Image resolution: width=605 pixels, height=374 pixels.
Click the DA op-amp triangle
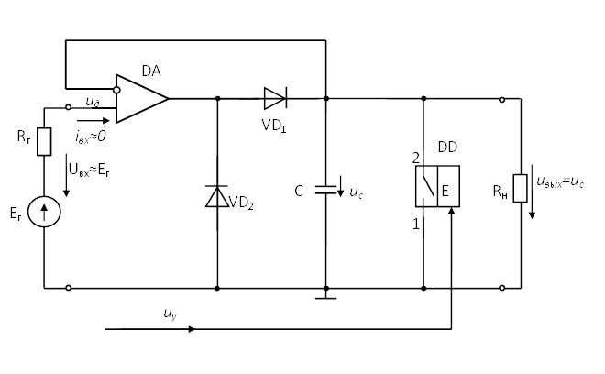[x=138, y=98]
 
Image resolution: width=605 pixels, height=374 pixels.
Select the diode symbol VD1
[x=275, y=98]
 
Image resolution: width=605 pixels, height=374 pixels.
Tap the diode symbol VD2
[x=217, y=196]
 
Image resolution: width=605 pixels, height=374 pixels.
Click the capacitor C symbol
[x=326, y=191]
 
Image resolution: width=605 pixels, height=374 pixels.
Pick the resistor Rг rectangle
[x=44, y=142]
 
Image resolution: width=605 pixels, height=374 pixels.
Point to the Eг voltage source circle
[x=44, y=212]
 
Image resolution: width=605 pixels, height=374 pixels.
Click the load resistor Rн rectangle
[x=520, y=188]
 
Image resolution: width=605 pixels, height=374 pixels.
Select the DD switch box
[x=437, y=187]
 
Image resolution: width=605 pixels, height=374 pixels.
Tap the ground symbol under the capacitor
[x=326, y=297]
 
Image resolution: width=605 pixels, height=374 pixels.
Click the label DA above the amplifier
[x=151, y=71]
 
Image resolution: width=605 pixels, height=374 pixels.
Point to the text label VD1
[x=274, y=126]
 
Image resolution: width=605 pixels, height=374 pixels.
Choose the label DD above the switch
[x=447, y=147]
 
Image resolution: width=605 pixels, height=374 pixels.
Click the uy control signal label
[x=170, y=314]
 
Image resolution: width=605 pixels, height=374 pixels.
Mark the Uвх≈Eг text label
[x=89, y=170]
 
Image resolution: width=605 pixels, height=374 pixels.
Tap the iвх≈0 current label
[x=90, y=136]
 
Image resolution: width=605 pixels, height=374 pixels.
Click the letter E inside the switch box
[x=445, y=191]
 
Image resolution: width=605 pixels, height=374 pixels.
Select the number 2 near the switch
[x=415, y=158]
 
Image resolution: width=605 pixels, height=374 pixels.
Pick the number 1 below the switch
[x=415, y=224]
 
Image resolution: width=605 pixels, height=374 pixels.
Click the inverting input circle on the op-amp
[x=116, y=90]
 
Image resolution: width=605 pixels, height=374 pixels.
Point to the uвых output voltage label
[x=560, y=181]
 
